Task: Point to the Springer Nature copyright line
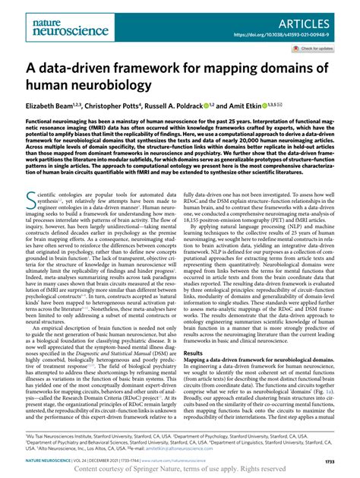(x=180, y=470)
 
